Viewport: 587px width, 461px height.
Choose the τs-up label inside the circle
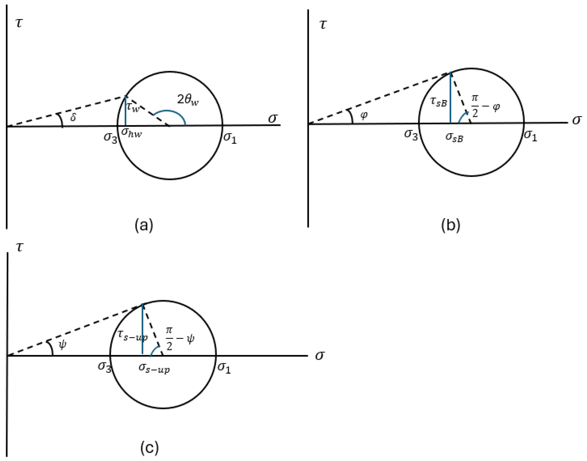click(x=133, y=336)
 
